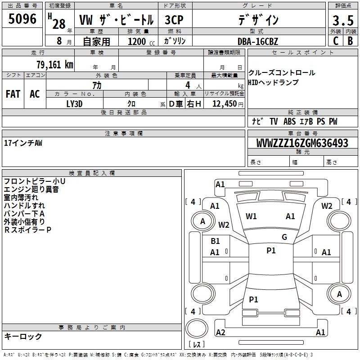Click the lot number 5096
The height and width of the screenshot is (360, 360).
[22, 18]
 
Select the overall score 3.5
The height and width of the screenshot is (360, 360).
[343, 21]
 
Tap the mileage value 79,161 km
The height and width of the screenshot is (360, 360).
[55, 64]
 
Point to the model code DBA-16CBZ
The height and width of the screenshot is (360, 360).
[258, 41]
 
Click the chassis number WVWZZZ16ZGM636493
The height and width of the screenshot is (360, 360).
[302, 143]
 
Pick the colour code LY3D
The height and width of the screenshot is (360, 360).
[74, 104]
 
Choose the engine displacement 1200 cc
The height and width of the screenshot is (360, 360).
[141, 41]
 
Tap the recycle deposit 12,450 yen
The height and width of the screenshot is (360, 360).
[228, 104]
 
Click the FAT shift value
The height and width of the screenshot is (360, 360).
[13, 94]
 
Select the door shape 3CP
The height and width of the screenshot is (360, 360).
[174, 20]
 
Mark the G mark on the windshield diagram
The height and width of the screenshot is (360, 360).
[284, 237]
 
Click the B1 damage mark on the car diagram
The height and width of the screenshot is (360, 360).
[215, 241]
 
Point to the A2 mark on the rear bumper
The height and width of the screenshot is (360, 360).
[220, 332]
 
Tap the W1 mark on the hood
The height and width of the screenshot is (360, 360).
[251, 216]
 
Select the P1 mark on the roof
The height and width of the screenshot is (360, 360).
[271, 251]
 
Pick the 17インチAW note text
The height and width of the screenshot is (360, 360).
[23, 143]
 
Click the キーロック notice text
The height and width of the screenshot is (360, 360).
[23, 336]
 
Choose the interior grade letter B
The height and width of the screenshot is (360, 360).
[351, 41]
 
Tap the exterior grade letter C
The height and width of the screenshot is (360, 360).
[336, 41]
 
